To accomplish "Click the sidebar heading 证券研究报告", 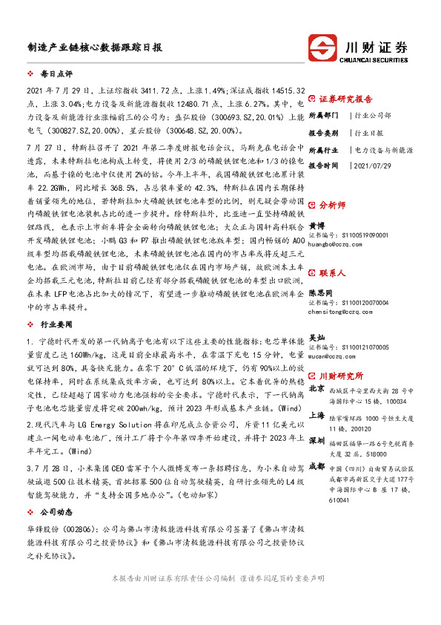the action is point(345,98).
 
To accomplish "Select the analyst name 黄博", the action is point(316,224).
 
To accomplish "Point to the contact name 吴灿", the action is point(316,336).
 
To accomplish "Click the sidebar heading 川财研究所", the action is point(341,376).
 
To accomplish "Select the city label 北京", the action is point(316,388).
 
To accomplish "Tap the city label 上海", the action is point(316,416).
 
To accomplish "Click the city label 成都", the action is point(316,465).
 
